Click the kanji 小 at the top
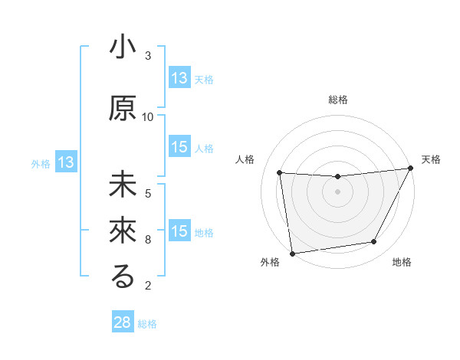tap(122, 48)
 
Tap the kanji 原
tap(122, 108)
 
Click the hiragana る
tap(122, 277)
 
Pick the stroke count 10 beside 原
tap(148, 116)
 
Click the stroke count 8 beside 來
tap(148, 240)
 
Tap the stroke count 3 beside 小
tap(148, 56)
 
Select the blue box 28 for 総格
tap(123, 322)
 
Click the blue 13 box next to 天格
tap(179, 77)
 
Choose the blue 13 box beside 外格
tap(65, 162)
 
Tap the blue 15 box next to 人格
tap(179, 147)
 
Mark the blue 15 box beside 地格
tap(179, 231)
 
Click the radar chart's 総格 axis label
tap(337, 100)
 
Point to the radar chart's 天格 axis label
tap(432, 159)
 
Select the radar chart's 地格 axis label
tap(402, 263)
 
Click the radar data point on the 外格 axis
tap(292, 253)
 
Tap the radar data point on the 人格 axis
tap(280, 173)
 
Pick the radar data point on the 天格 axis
tap(411, 168)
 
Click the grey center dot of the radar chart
tap(337, 191)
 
